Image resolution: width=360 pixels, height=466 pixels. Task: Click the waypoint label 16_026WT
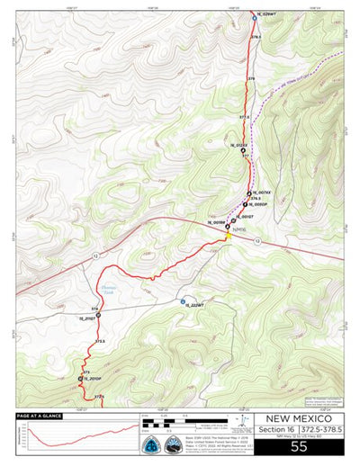point(268,14)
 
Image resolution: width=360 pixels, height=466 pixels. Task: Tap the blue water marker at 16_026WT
point(253,14)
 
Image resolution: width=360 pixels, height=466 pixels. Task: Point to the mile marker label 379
point(252,79)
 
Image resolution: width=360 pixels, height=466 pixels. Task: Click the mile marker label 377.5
point(244,117)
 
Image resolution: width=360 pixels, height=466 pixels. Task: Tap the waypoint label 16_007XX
point(262,193)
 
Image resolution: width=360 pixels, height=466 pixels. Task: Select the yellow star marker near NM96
point(228,237)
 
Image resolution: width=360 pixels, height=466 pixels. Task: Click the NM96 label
point(238,230)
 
